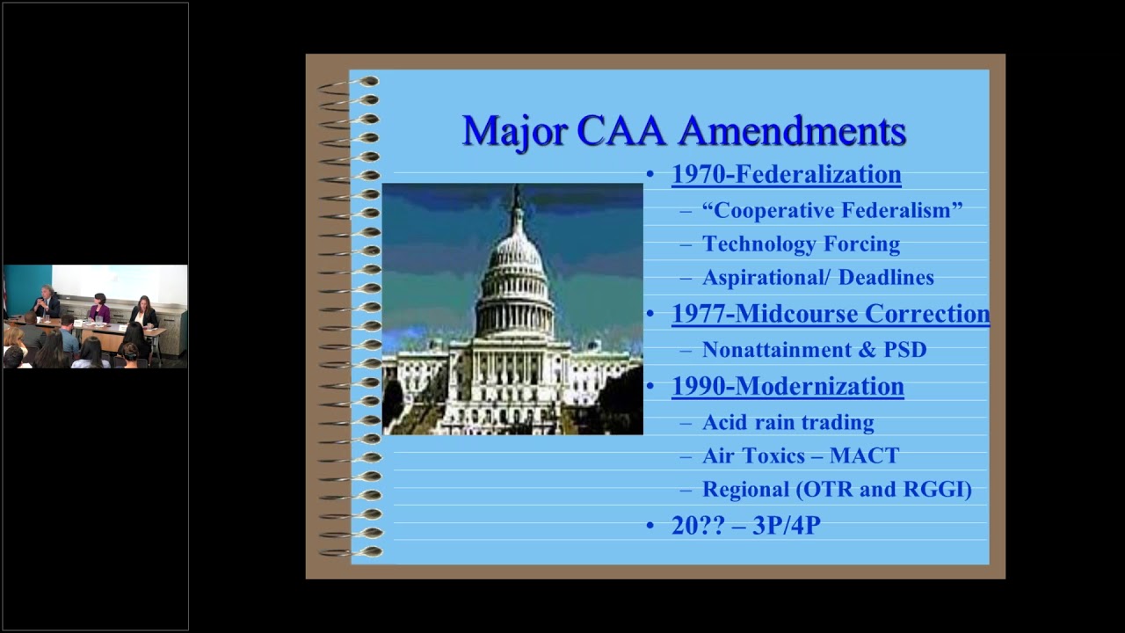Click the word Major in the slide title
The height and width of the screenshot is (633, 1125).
click(x=514, y=131)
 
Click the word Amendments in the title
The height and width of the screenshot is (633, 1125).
click(x=792, y=131)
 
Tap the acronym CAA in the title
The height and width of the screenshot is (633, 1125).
click(x=624, y=131)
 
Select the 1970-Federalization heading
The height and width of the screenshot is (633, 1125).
click(x=786, y=174)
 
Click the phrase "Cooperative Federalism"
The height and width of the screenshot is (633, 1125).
click(x=831, y=210)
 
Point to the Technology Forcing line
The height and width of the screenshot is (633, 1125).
click(x=801, y=244)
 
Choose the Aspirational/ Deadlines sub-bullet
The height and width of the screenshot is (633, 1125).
click(x=817, y=277)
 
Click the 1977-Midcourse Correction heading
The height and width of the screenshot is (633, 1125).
click(x=830, y=314)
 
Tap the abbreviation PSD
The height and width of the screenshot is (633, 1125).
click(x=905, y=350)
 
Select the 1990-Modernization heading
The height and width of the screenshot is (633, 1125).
click(x=787, y=386)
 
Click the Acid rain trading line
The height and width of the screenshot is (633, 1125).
click(x=787, y=422)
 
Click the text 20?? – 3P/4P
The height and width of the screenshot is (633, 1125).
click(x=745, y=526)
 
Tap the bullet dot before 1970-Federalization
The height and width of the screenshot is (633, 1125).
click(x=650, y=175)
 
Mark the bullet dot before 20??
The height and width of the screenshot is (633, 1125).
click(x=650, y=526)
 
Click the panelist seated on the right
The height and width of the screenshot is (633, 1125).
click(x=142, y=311)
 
